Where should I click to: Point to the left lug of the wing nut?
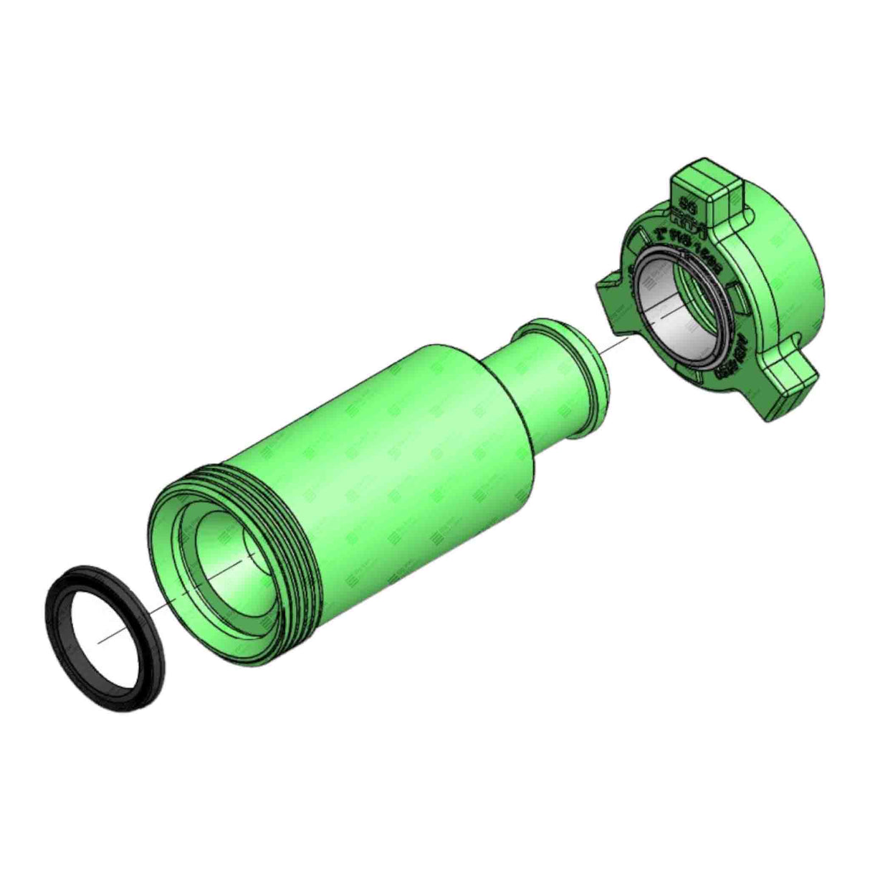click(609, 294)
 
